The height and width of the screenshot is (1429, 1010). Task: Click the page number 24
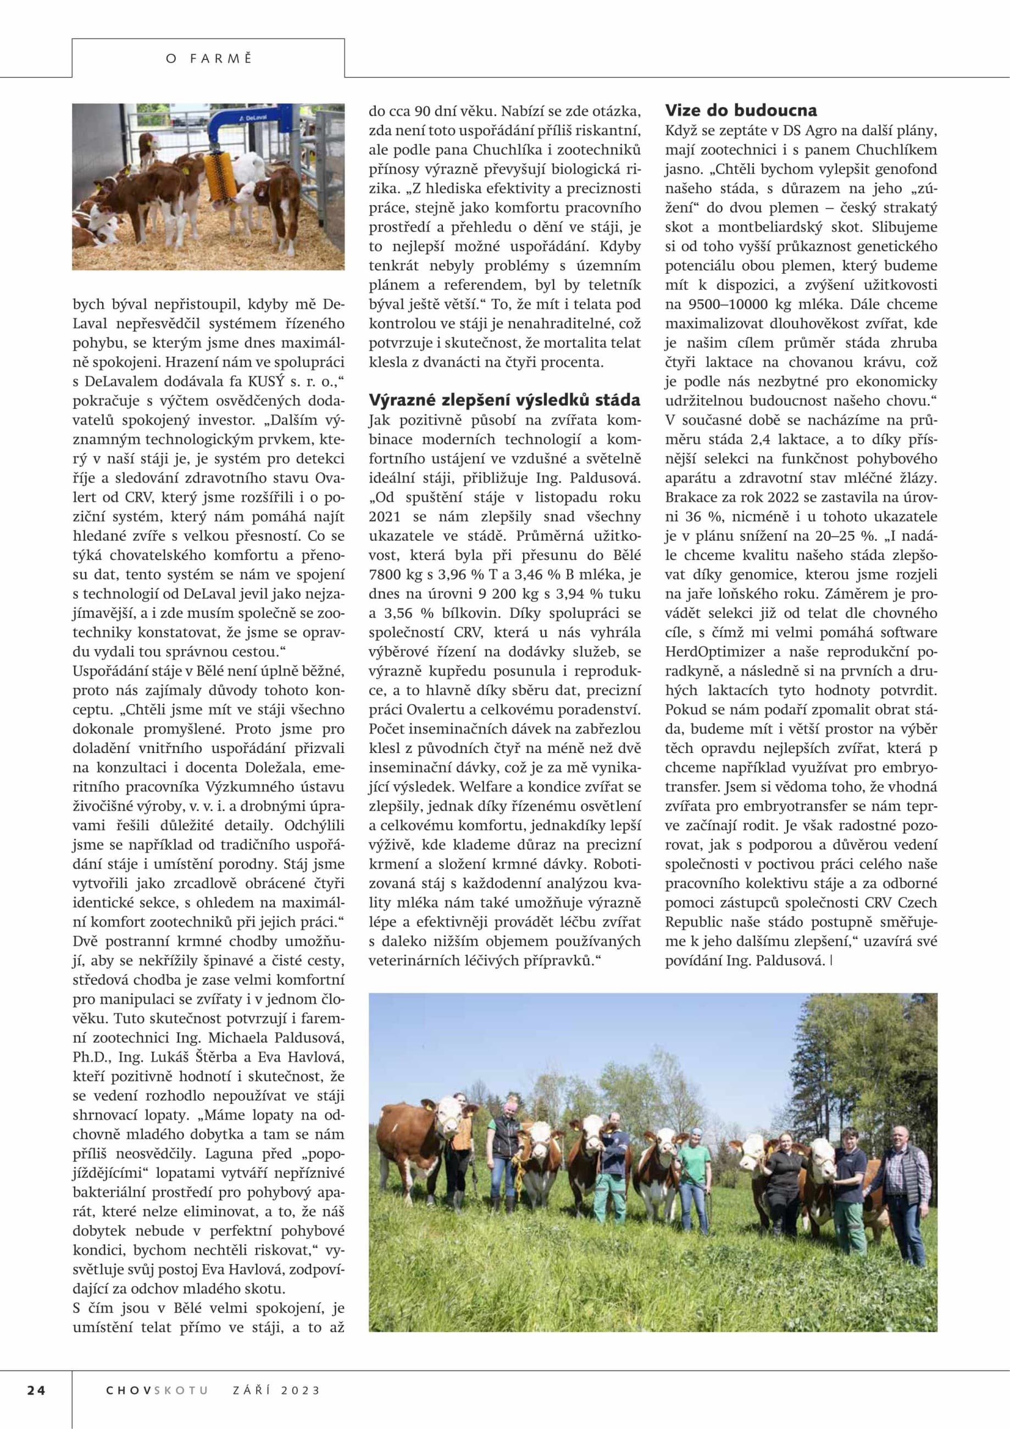[36, 1389]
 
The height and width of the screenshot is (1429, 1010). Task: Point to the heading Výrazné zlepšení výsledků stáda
[504, 400]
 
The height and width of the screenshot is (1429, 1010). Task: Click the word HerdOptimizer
[714, 652]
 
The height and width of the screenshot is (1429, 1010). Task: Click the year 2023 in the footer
[301, 1389]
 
